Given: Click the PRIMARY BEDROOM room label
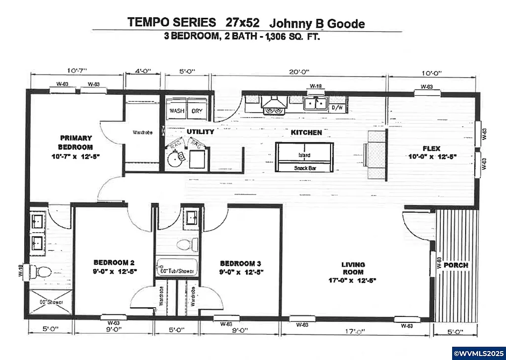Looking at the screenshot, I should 76,142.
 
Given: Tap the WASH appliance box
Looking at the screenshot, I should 176,111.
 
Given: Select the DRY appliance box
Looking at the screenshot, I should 197,111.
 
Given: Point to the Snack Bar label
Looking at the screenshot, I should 304,168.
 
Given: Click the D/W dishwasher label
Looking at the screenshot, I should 337,107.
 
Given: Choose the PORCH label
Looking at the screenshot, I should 455,265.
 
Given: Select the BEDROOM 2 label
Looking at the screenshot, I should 115,267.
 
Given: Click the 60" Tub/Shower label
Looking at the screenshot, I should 176,271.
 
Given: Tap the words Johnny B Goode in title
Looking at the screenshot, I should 317,23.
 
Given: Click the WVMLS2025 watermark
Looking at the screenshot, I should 478,354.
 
